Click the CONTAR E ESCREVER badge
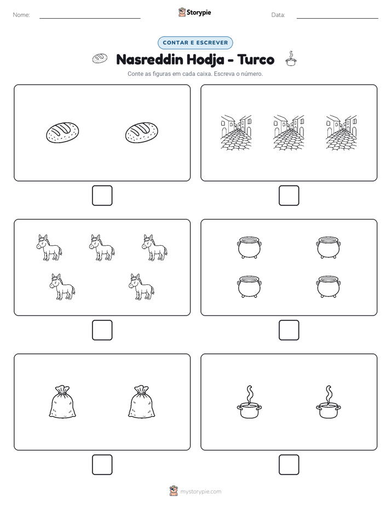pyautogui.click(x=195, y=43)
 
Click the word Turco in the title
pyautogui.click(x=256, y=59)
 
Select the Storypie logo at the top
pyautogui.click(x=195, y=12)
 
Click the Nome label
pyautogui.click(x=21, y=15)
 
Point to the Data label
pyautogui.click(x=278, y=15)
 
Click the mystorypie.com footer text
pyautogui.click(x=200, y=492)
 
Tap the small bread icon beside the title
pyautogui.click(x=100, y=59)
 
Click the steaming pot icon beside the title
pyautogui.click(x=291, y=59)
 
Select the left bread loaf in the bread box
pyautogui.click(x=62, y=132)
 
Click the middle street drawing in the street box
pyautogui.click(x=289, y=133)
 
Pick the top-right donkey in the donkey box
pyautogui.click(x=155, y=247)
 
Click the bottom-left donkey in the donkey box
pyautogui.click(x=62, y=287)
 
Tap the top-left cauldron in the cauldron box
pyautogui.click(x=249, y=247)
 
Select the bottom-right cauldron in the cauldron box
pyautogui.click(x=329, y=286)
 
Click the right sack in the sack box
pyautogui.click(x=142, y=402)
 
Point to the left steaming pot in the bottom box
pyautogui.click(x=249, y=402)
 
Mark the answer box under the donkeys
pyautogui.click(x=102, y=330)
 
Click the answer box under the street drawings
pyautogui.click(x=289, y=196)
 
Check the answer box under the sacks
pyautogui.click(x=102, y=465)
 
